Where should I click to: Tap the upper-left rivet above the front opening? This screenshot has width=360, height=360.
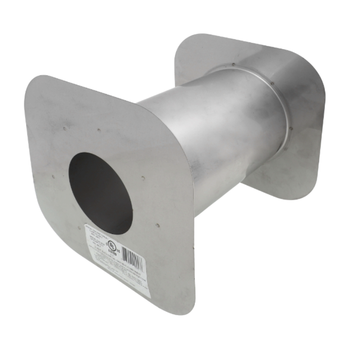coord(65,128)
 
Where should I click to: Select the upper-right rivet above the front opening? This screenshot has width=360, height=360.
coord(99,130)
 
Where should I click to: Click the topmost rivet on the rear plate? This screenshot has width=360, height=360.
coord(234,64)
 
